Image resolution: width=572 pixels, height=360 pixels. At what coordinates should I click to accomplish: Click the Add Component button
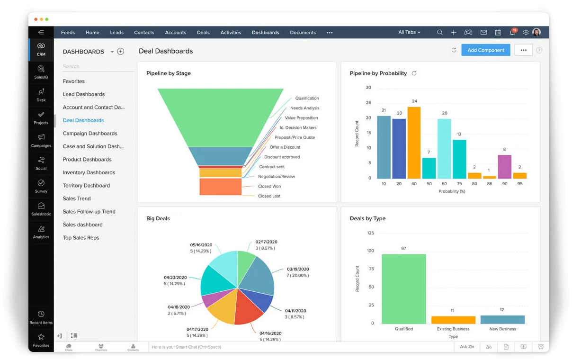pyautogui.click(x=485, y=50)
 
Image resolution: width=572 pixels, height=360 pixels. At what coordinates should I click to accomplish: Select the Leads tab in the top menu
pyautogui.click(x=116, y=33)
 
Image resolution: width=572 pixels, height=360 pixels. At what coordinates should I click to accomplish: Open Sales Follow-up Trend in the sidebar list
pyautogui.click(x=89, y=212)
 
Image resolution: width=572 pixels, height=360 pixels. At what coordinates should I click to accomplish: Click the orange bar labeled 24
pyautogui.click(x=414, y=142)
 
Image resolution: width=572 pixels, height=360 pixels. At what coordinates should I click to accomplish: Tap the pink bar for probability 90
pyautogui.click(x=504, y=166)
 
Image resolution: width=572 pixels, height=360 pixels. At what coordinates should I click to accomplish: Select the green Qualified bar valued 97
pyautogui.click(x=403, y=289)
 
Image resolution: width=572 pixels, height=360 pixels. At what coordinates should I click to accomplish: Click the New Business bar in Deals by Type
pyautogui.click(x=502, y=319)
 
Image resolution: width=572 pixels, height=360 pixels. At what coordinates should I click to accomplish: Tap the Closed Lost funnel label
pyautogui.click(x=269, y=196)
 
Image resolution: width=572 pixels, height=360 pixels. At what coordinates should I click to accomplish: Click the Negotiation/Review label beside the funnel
pyautogui.click(x=277, y=177)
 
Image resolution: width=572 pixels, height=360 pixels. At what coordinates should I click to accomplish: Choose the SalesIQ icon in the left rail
pyautogui.click(x=41, y=71)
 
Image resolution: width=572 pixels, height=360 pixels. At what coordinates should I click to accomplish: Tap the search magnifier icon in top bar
pyautogui.click(x=440, y=33)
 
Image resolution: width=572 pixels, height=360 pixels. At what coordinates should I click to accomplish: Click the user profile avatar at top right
pyautogui.click(x=536, y=32)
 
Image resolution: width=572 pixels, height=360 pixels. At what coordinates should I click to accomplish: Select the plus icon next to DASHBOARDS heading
pyautogui.click(x=121, y=52)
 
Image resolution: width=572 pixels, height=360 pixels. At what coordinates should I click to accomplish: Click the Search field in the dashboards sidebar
pyautogui.click(x=97, y=67)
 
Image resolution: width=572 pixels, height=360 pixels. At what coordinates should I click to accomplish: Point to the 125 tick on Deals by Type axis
pyautogui.click(x=370, y=233)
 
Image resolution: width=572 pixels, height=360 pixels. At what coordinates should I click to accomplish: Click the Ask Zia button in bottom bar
pyautogui.click(x=466, y=347)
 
